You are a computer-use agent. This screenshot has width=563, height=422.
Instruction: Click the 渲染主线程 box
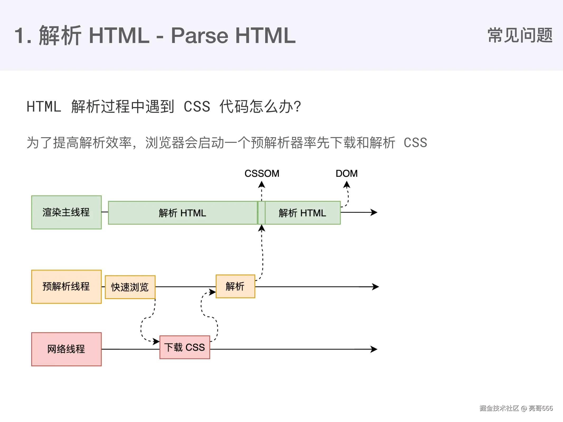point(66,212)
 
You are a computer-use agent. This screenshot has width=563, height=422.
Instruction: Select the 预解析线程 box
point(66,287)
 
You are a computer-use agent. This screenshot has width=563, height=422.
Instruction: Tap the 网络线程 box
point(66,349)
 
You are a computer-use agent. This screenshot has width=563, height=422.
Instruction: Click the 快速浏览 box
point(130,287)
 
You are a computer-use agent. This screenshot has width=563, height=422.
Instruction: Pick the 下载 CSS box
point(185,347)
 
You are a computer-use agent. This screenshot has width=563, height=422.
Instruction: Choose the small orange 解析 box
point(235,286)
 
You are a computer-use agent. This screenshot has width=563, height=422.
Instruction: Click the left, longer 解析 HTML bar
point(183,213)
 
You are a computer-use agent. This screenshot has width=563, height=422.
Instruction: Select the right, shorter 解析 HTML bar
point(303,213)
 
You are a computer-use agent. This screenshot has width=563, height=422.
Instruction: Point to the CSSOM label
point(262,174)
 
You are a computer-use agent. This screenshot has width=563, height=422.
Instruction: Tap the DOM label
point(346,174)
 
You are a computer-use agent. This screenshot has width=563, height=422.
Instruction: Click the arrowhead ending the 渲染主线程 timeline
point(374,212)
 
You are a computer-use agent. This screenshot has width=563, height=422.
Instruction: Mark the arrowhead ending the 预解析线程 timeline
point(376,287)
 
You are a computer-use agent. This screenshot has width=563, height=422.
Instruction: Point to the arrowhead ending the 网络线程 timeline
point(374,349)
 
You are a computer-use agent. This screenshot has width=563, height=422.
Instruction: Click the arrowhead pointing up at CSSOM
point(261,184)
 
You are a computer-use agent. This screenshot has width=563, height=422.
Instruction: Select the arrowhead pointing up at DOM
point(347,185)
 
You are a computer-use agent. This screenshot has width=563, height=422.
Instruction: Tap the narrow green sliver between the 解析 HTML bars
point(261,213)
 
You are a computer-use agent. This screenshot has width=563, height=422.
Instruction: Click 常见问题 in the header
point(520,35)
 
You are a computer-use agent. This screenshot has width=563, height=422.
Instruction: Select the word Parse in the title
point(199,36)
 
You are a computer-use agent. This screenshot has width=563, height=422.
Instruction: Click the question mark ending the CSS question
point(298,107)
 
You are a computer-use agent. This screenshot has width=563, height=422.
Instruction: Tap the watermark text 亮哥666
point(541,408)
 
